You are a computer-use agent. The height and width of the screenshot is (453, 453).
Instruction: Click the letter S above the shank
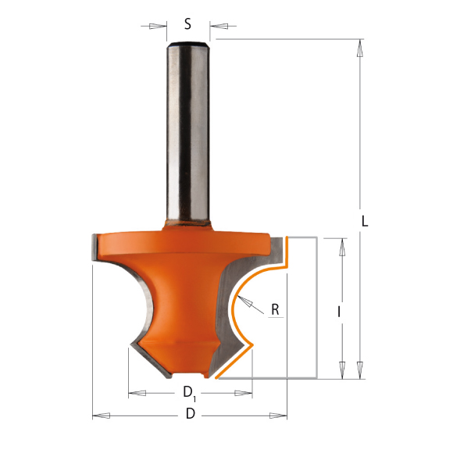188,23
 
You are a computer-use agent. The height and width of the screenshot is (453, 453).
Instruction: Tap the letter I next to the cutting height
339,311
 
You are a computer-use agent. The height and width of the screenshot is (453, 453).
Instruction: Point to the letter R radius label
275,309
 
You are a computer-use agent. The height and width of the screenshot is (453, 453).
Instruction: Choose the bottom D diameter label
189,415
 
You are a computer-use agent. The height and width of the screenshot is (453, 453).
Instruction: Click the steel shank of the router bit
188,133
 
